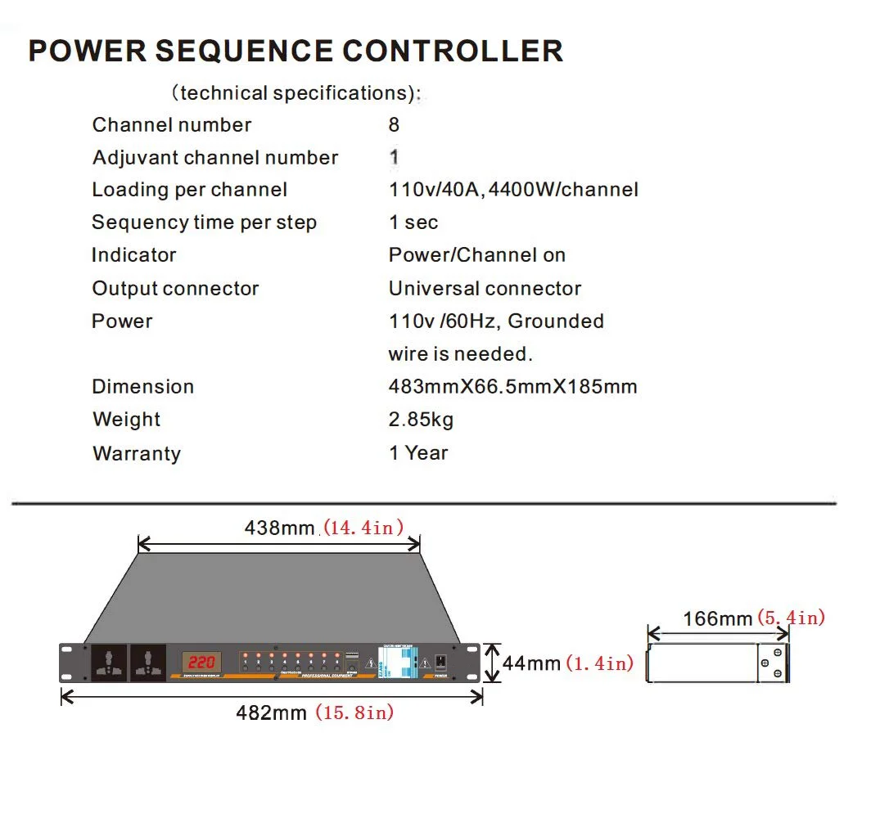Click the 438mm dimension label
tap(279, 528)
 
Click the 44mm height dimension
tap(530, 663)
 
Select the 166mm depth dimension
tap(717, 618)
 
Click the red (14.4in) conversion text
tap(363, 528)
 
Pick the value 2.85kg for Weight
tap(421, 420)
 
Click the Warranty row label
tap(137, 453)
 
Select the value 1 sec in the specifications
tap(413, 222)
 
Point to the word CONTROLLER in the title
tap(453, 51)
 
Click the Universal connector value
tap(485, 289)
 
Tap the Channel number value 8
tap(395, 125)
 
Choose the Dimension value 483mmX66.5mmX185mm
tap(512, 387)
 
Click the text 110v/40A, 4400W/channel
tap(513, 190)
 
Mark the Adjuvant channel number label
tap(215, 158)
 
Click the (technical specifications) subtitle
tap(296, 92)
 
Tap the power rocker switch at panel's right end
tap(440, 661)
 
